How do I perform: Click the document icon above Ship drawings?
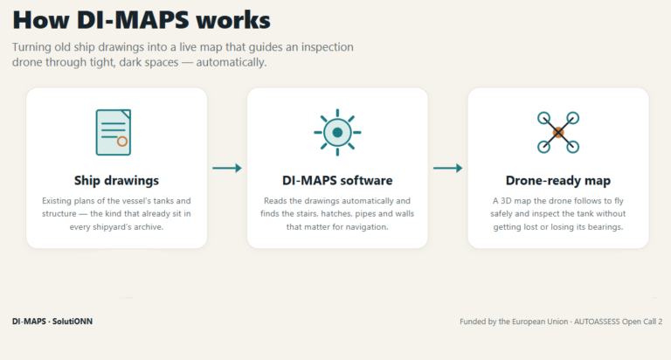pos(114,132)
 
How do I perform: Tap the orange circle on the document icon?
pos(122,142)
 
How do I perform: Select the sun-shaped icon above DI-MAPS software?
pos(337,132)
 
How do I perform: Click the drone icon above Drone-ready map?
pos(558,132)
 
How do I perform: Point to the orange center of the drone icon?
pos(558,133)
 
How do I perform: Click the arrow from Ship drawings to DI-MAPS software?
pos(227,169)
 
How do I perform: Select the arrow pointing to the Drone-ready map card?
pos(447,169)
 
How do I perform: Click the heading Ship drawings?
pos(116,181)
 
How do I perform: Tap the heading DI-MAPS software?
pos(337,181)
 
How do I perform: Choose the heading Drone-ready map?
pos(558,181)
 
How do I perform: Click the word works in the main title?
pos(232,20)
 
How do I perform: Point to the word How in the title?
pos(41,20)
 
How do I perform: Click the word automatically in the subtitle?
pos(231,63)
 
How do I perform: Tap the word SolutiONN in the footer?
pos(73,322)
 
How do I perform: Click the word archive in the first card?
pos(149,227)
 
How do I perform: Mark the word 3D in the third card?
pos(505,201)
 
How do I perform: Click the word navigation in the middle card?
pos(367,227)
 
